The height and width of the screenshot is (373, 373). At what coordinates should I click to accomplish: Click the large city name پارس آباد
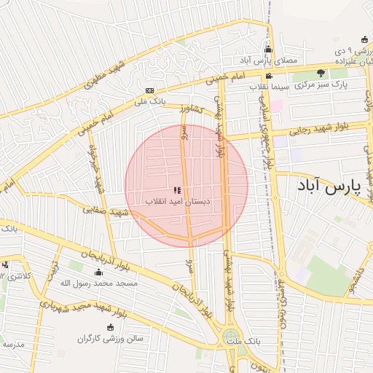pyautogui.click(x=330, y=186)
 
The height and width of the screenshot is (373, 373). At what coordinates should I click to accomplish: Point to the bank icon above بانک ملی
pyautogui.click(x=149, y=90)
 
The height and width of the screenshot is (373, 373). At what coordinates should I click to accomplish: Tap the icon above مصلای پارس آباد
pyautogui.click(x=268, y=50)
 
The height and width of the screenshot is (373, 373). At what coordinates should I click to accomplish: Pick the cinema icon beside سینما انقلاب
pyautogui.click(x=269, y=76)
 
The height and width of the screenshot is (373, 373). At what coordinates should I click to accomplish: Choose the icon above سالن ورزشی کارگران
pyautogui.click(x=110, y=328)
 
